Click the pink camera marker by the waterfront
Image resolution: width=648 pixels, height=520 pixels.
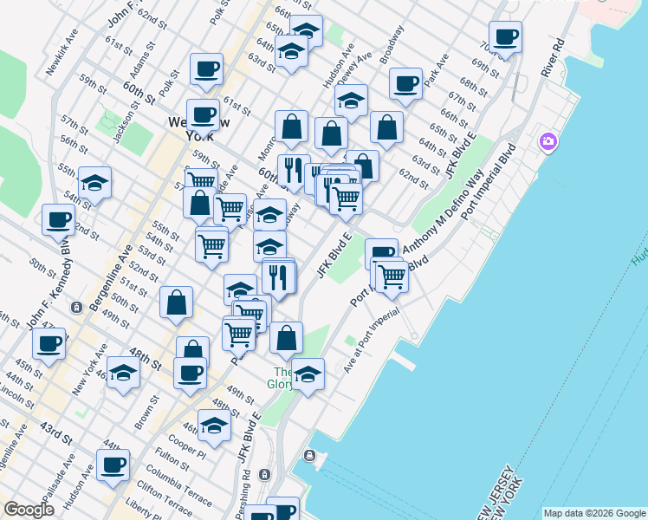coord(548,141)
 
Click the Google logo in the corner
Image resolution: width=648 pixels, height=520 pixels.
coord(29,509)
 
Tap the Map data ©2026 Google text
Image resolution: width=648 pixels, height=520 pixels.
coord(593,512)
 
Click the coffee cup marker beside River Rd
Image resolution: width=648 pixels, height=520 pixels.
coord(505,36)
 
